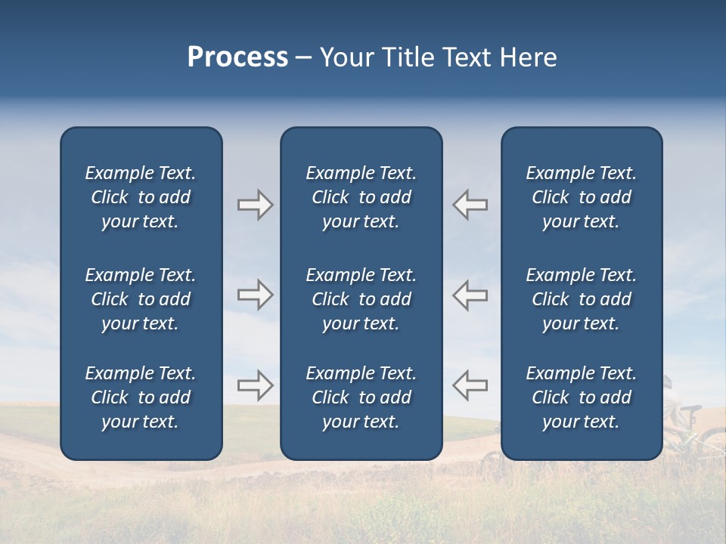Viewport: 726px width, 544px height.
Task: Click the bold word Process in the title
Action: pos(237,57)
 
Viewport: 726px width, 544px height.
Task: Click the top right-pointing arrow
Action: pos(255,205)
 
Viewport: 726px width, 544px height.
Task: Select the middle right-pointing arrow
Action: pos(255,295)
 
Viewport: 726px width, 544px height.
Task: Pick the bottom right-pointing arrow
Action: pos(255,385)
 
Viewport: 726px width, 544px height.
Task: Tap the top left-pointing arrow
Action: pos(470,205)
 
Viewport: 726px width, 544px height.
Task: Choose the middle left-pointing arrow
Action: pos(470,295)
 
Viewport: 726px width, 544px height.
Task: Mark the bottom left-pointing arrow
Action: pos(470,385)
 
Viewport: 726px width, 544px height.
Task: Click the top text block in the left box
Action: pos(141,197)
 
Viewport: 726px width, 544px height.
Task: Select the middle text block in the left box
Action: pos(141,299)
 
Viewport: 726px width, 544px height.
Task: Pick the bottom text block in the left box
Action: pos(141,397)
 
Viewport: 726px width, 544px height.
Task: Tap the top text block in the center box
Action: pos(361,197)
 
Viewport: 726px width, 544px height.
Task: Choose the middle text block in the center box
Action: pos(361,299)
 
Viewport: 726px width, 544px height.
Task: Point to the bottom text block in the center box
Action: pos(361,397)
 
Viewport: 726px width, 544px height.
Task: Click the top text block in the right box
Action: pos(582,197)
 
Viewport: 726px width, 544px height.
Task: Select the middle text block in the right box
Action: pos(582,299)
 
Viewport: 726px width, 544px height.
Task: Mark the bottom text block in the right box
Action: pos(582,397)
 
